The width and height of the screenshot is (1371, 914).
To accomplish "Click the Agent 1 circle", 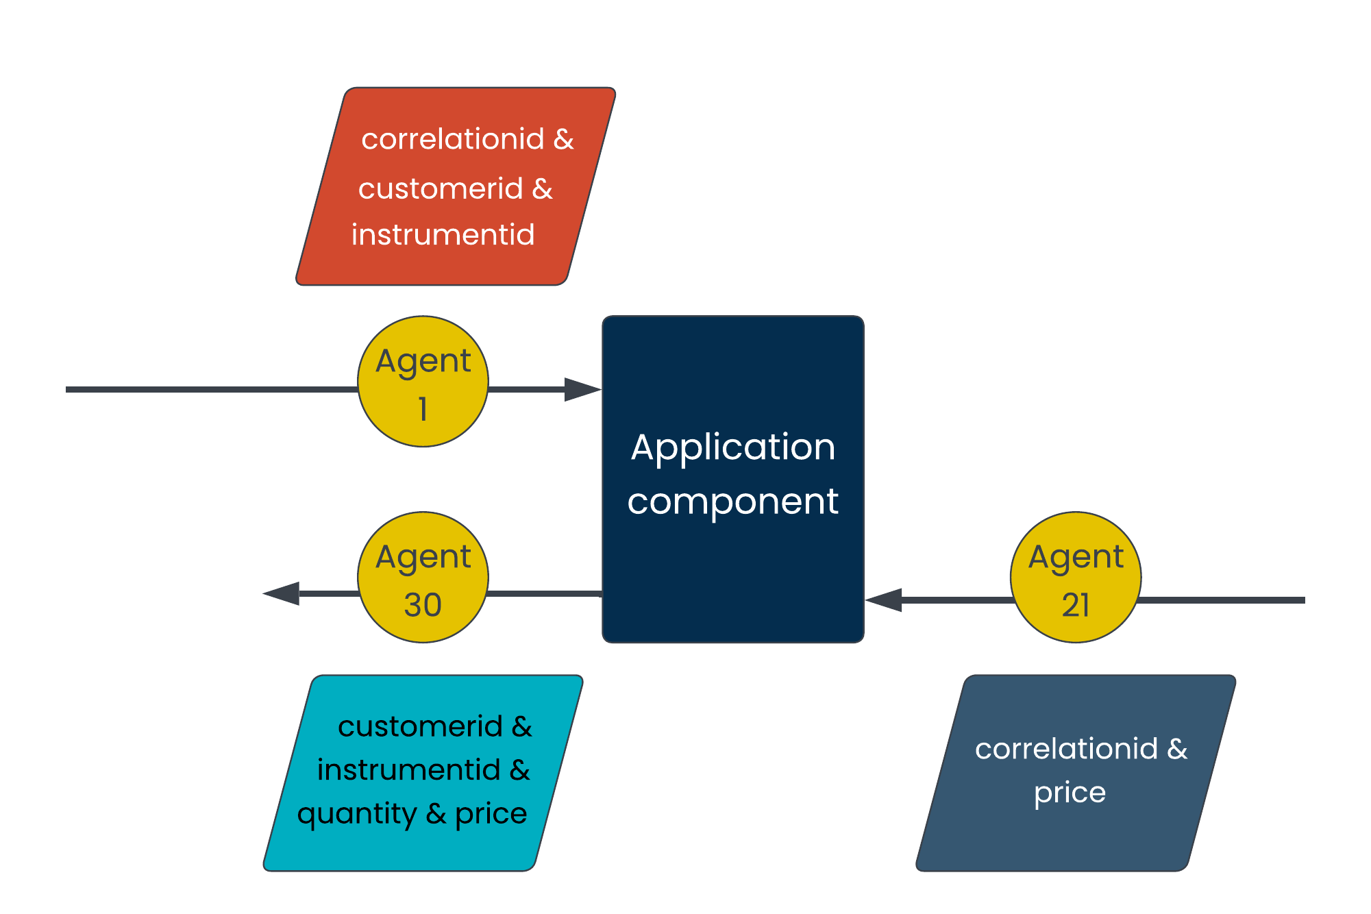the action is pos(423,382).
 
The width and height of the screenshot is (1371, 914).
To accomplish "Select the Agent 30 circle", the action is pos(423,578).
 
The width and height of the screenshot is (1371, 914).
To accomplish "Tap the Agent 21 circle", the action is pos(1076,578).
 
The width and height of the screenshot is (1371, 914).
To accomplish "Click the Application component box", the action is pos(733,480).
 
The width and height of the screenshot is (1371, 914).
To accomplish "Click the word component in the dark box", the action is pos(733,502).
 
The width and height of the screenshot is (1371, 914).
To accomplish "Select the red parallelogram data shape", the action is pos(456,186).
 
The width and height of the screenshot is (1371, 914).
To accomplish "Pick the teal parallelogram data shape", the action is pos(423,774).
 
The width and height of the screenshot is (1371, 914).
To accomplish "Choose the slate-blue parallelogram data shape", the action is pos(1076,774).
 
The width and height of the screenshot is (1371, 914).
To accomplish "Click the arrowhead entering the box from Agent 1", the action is pos(583,390).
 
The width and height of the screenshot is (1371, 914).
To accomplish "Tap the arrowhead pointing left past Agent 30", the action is pos(281,593).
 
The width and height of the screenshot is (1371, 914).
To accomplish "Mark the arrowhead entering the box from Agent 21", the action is pos(884,600).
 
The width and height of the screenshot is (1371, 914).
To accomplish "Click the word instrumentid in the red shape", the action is pos(443,235).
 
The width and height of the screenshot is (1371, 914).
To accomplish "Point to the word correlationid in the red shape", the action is pos(453,139).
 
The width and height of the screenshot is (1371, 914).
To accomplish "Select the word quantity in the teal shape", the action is pos(357,815).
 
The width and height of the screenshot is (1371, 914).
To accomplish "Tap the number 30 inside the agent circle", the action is pos(423,605).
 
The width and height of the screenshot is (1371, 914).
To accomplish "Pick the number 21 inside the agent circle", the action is pos(1076,605).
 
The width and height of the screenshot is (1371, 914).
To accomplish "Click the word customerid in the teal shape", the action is pos(421,727).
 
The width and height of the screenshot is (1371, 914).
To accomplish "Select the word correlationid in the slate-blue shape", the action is pos(1067,749).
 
